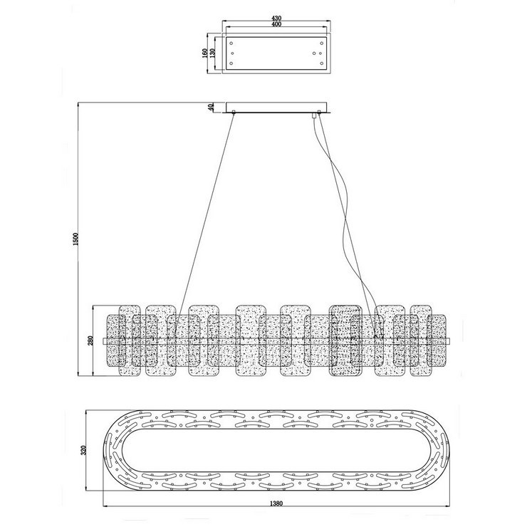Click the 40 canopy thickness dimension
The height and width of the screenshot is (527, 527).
coord(210,108)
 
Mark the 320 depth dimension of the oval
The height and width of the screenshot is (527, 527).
coord(83,450)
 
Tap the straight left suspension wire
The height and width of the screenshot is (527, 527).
coord(207,214)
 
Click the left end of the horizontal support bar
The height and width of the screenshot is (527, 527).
coord(105,342)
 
